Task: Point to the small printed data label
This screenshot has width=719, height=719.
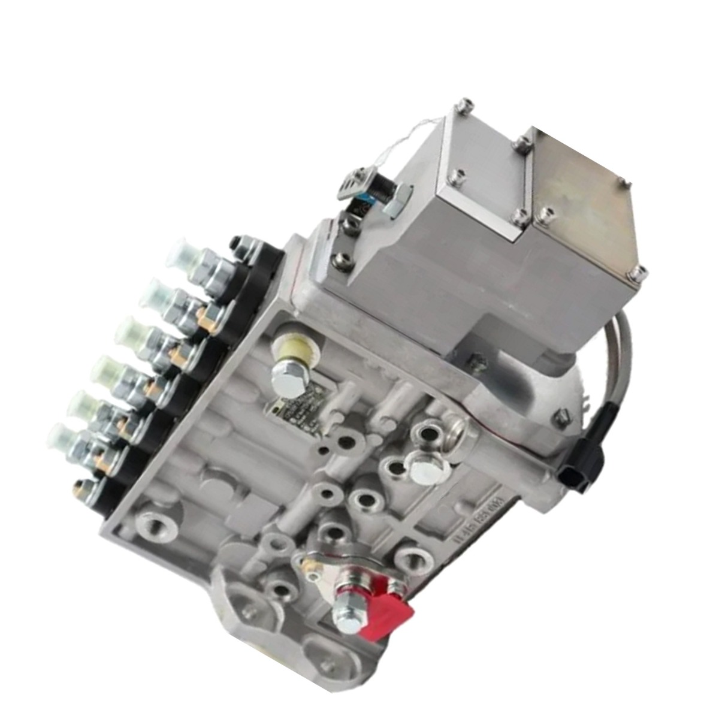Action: pos(295,410)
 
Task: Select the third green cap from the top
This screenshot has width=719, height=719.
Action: pos(136,331)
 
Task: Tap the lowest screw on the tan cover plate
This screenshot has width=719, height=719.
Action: pos(635,276)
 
